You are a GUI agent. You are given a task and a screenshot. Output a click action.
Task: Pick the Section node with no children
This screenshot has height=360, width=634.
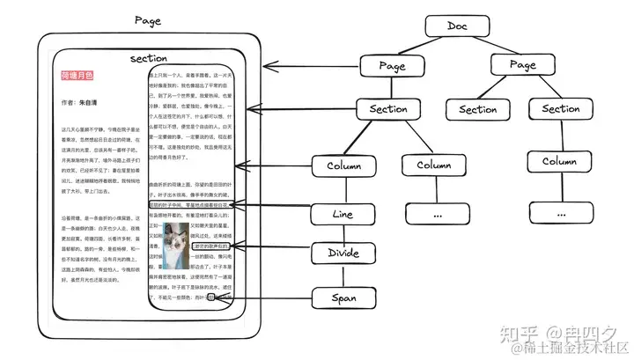(478, 109)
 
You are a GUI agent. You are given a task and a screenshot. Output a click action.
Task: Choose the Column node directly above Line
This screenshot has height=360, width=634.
(343, 165)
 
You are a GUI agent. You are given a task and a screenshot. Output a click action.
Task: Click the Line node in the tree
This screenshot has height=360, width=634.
(343, 213)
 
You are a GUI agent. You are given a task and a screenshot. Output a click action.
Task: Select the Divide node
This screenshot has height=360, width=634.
(343, 253)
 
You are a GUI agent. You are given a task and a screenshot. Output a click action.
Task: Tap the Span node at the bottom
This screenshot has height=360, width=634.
(343, 298)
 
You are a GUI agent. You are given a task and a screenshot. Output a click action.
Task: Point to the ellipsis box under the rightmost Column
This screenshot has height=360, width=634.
(561, 212)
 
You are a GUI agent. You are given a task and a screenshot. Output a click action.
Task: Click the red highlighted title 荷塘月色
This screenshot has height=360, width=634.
(77, 77)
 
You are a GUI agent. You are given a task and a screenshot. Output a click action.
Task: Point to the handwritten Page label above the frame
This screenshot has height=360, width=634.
(147, 19)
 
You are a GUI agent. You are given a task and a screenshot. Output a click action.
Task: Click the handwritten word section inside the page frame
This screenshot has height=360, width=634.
(148, 58)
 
